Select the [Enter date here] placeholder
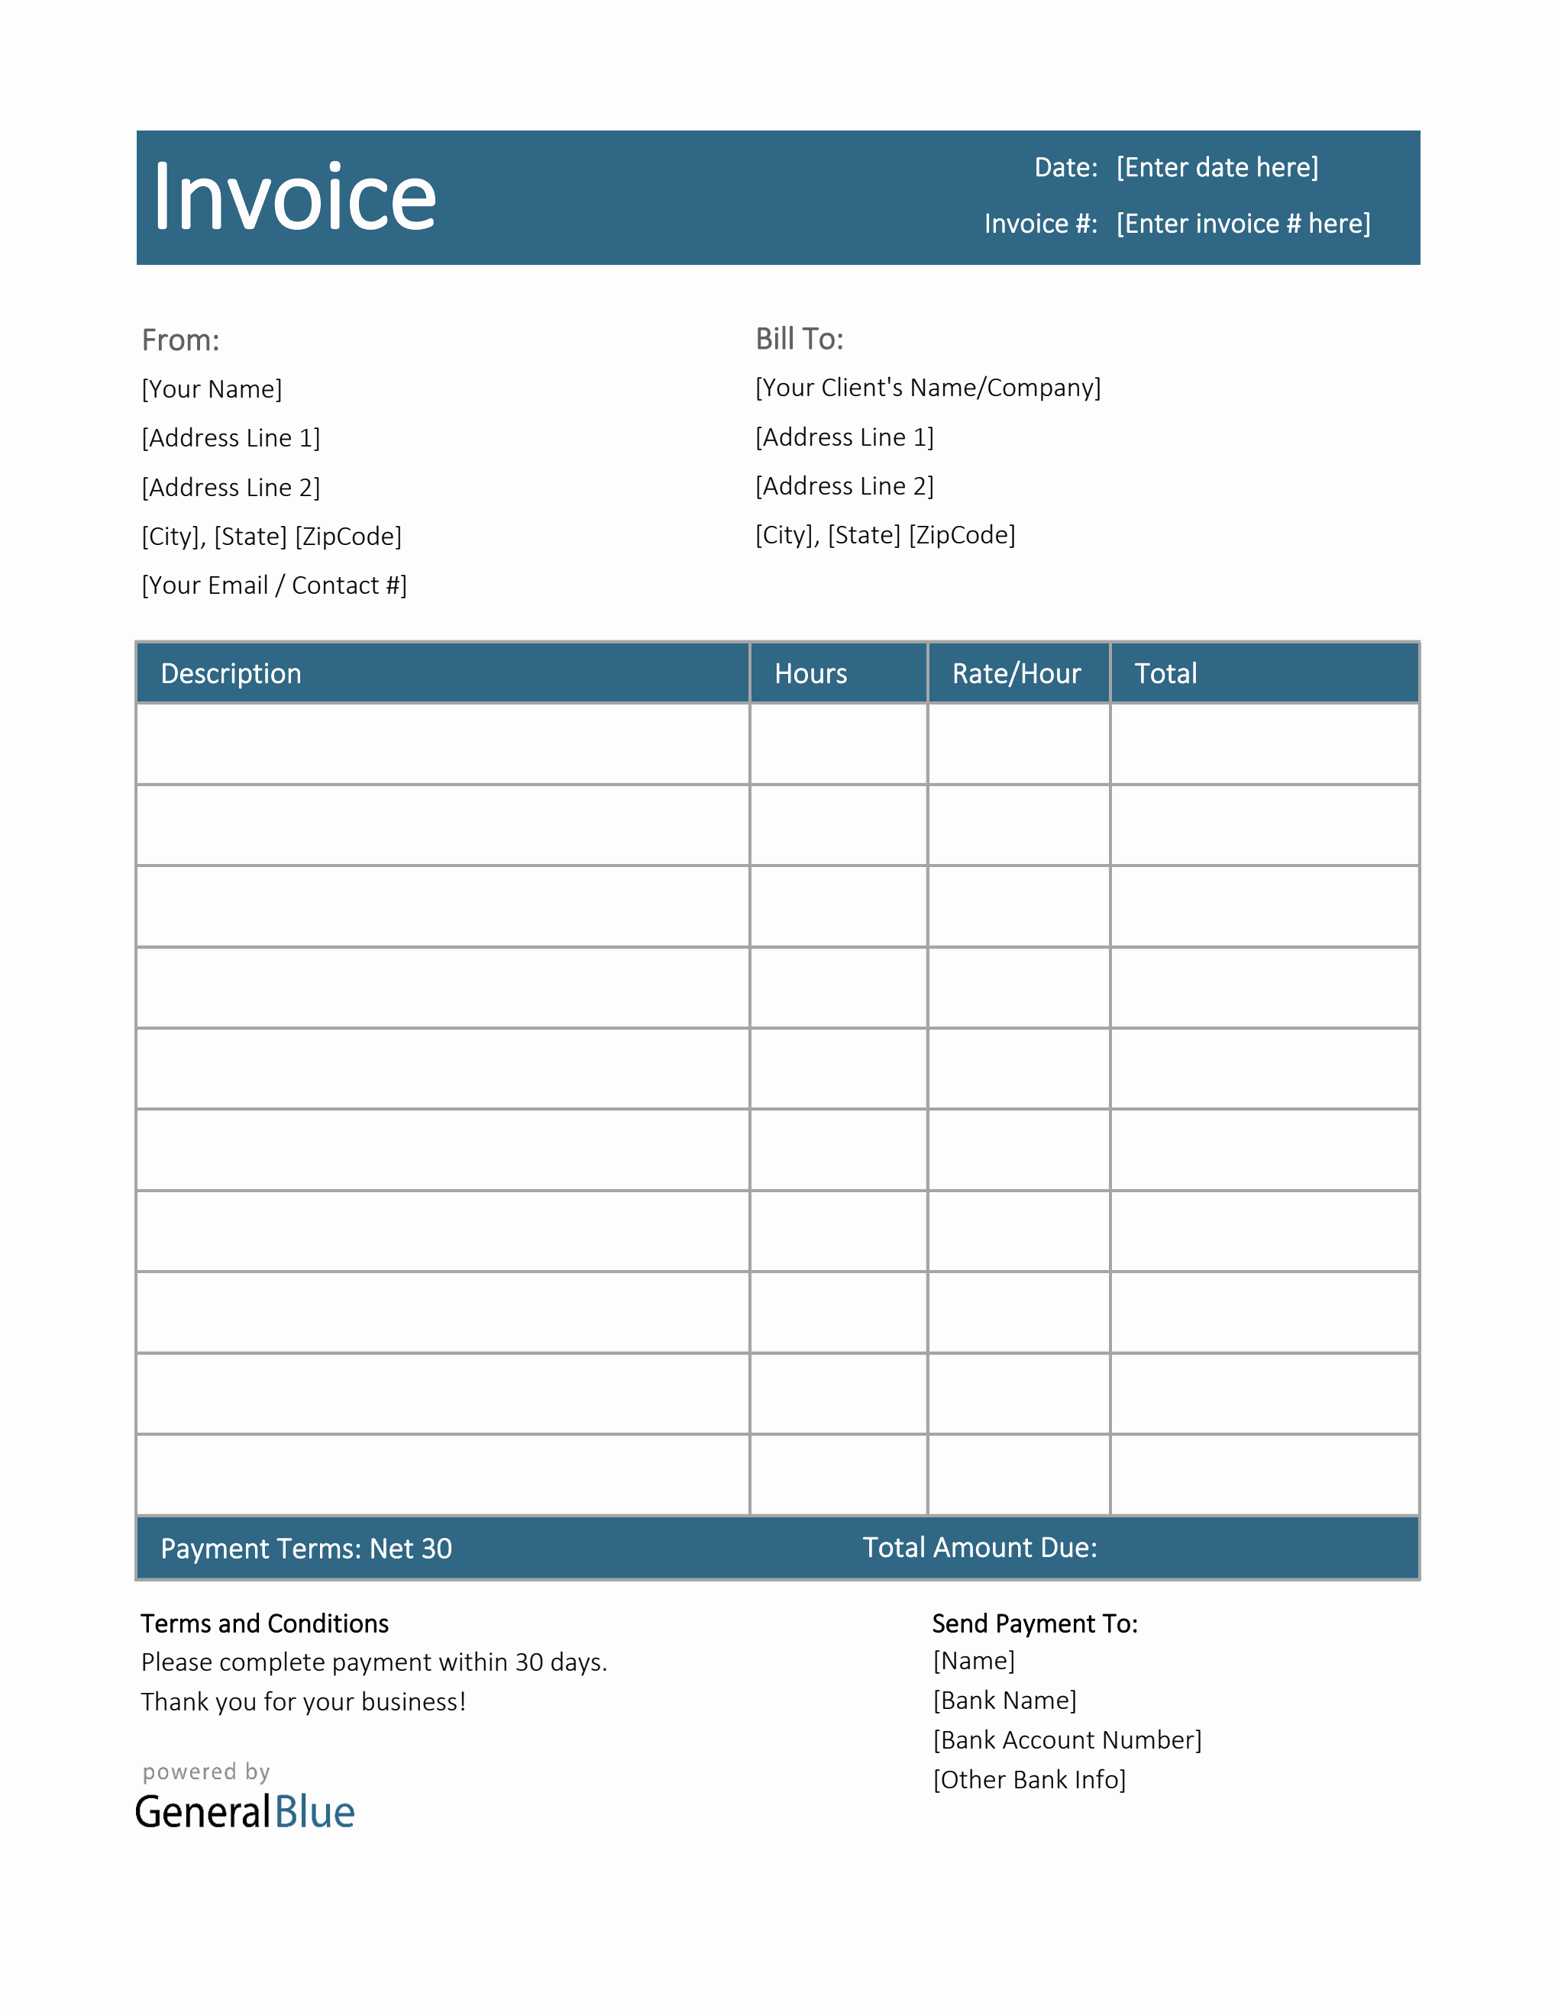click(x=1217, y=167)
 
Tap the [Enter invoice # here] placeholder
click(x=1243, y=224)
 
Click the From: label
click(x=181, y=340)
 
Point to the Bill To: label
click(x=800, y=340)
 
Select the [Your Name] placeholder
click(x=212, y=389)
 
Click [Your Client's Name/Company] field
click(x=928, y=388)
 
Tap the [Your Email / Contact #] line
click(x=274, y=585)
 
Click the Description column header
click(x=231, y=673)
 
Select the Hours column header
click(x=810, y=673)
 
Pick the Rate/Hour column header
click(x=1017, y=673)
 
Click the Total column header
click(x=1165, y=673)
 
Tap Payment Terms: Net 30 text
click(x=306, y=1548)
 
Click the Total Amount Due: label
click(x=979, y=1547)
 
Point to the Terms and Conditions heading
click(x=265, y=1623)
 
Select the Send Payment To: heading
click(x=1035, y=1623)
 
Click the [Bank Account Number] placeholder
click(x=1067, y=1740)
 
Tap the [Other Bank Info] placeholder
click(x=1030, y=1780)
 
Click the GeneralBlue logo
click(x=244, y=1812)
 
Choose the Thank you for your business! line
click(x=304, y=1702)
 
